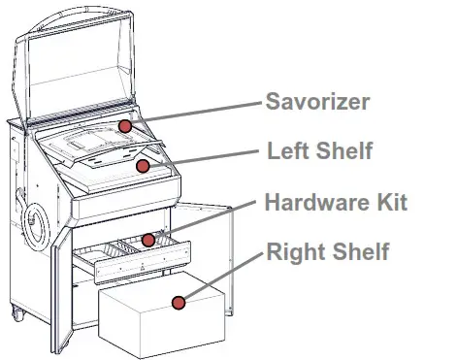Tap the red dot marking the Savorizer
point(125,127)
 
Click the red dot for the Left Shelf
point(143,166)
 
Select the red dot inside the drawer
point(148,239)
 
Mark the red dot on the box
point(178,303)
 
